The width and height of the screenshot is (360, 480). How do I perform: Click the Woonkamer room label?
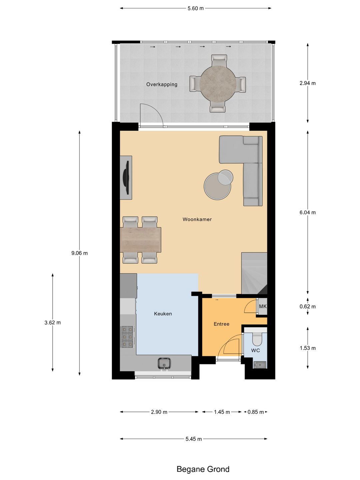point(197,219)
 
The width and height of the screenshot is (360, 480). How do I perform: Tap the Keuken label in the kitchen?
point(163,314)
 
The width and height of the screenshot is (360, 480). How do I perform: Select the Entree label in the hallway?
point(221,324)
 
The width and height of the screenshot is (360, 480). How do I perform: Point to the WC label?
point(256,351)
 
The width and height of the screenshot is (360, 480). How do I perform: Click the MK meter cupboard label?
point(263,306)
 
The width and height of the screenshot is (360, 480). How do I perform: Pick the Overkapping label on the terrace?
point(162,84)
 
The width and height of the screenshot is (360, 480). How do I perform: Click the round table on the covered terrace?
point(218,84)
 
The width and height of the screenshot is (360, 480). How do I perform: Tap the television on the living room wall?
point(126,177)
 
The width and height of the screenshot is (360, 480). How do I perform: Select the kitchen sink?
point(164,364)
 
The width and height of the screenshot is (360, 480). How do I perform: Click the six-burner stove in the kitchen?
point(127,337)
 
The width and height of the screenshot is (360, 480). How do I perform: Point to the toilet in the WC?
point(257,338)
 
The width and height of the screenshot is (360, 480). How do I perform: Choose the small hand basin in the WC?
point(260,365)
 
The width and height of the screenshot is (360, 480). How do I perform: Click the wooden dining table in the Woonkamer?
point(141,240)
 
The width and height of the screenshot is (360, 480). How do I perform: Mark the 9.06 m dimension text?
point(80,253)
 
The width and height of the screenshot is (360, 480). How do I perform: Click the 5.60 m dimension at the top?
point(196,8)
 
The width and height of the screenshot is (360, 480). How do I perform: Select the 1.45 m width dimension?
point(222,412)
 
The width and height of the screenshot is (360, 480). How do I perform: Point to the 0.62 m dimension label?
point(308,306)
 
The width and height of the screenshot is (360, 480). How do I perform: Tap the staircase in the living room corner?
point(254,273)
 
